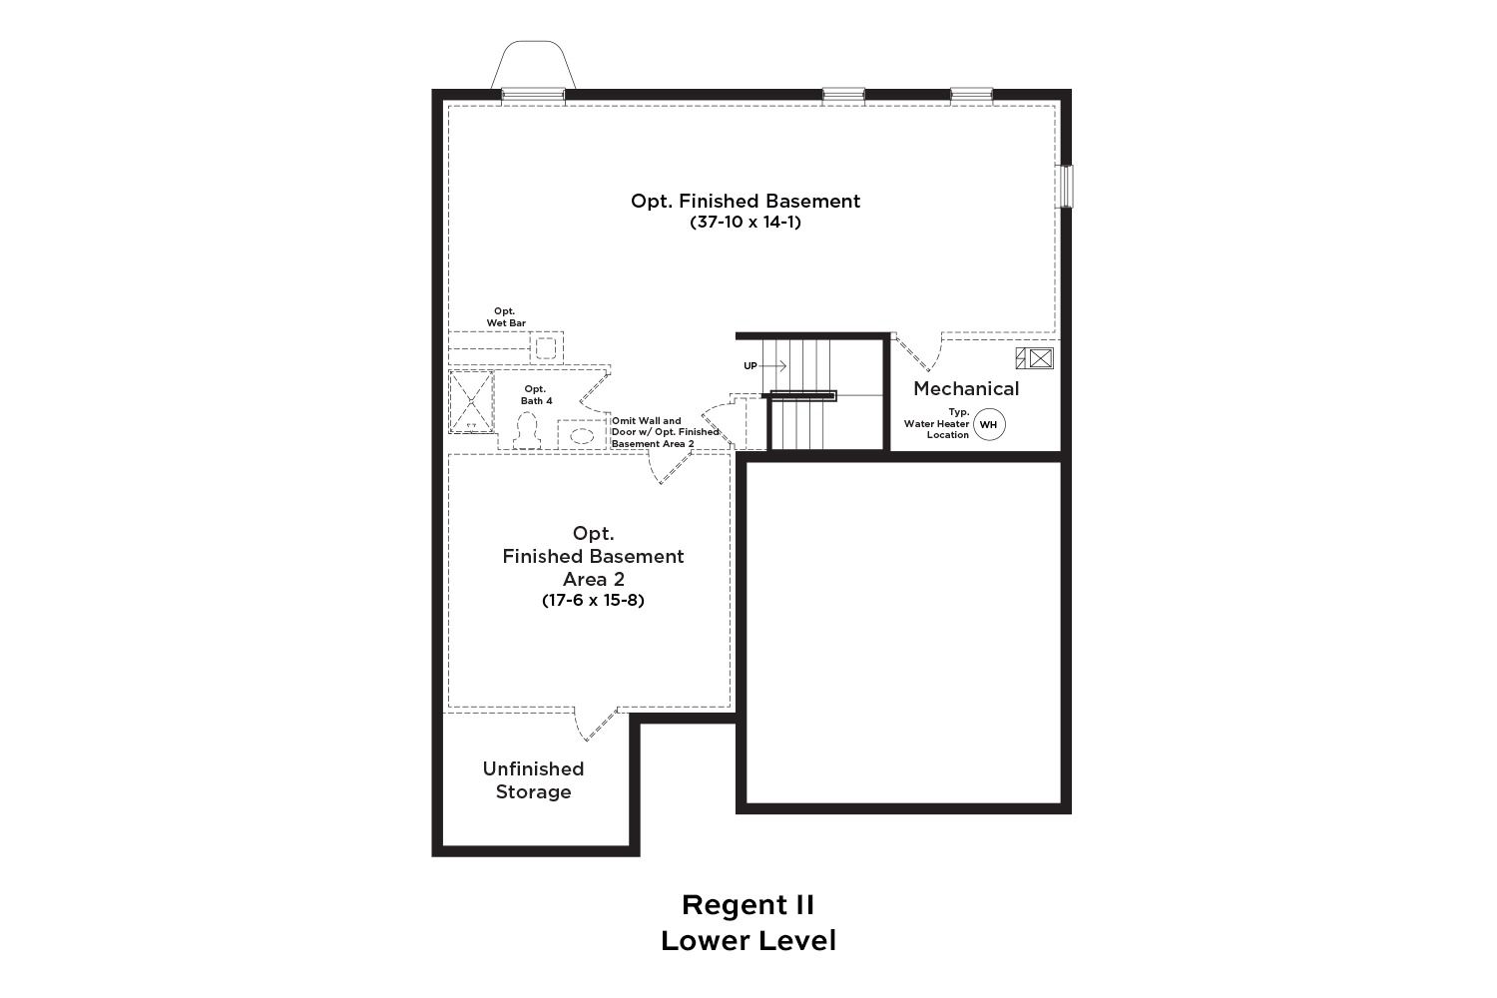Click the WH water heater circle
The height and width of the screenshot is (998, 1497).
(x=989, y=424)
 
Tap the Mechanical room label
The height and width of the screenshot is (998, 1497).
(x=966, y=388)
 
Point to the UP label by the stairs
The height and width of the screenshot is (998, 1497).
(x=750, y=366)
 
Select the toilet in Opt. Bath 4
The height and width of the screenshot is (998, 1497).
(x=527, y=430)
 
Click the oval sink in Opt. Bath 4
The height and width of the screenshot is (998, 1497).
(x=582, y=436)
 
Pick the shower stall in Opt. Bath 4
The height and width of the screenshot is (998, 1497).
(x=471, y=402)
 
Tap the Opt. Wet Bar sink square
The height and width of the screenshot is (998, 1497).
(x=546, y=347)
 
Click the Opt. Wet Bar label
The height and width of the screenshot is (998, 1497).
(x=506, y=316)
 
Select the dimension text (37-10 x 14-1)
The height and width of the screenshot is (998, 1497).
(x=746, y=222)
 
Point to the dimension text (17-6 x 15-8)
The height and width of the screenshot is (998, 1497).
(x=593, y=600)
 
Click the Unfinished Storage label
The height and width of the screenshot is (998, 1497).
(x=533, y=780)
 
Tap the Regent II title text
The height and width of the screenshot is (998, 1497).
(x=748, y=905)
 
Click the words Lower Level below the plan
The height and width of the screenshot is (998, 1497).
(x=748, y=941)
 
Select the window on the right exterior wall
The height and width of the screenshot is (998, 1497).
(x=1065, y=187)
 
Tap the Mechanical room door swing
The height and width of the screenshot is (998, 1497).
(x=920, y=352)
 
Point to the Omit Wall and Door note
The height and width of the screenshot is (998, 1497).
(x=665, y=432)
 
